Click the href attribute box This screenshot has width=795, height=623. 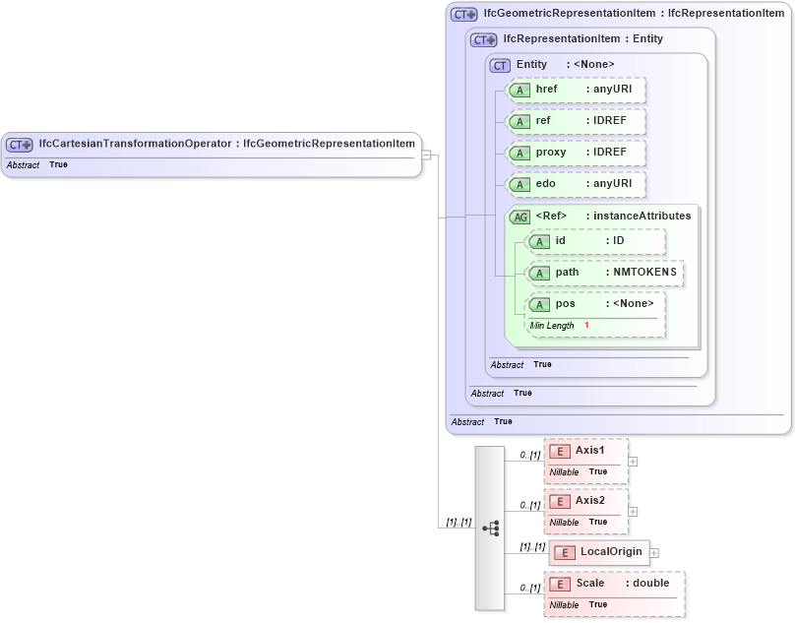tap(576, 90)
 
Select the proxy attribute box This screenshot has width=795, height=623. tap(576, 153)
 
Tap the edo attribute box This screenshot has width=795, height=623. tap(576, 184)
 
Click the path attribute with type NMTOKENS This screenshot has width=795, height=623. tap(605, 272)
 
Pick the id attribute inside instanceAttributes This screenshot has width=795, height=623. tap(596, 240)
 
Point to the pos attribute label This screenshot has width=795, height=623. tap(565, 303)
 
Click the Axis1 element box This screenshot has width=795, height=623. tap(585, 452)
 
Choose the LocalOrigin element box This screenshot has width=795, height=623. tap(599, 553)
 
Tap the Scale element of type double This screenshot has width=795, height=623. tap(614, 584)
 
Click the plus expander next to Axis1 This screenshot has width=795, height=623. tap(633, 461)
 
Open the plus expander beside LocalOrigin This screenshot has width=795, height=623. tap(654, 553)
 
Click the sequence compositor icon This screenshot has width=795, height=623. tap(490, 528)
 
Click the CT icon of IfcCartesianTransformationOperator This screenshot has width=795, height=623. tap(21, 144)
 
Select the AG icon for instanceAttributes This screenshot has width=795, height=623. tap(519, 217)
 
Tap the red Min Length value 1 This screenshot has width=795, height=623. tap(586, 326)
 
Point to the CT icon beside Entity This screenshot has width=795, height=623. tap(500, 65)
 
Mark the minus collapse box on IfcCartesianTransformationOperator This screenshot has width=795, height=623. tap(426, 154)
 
